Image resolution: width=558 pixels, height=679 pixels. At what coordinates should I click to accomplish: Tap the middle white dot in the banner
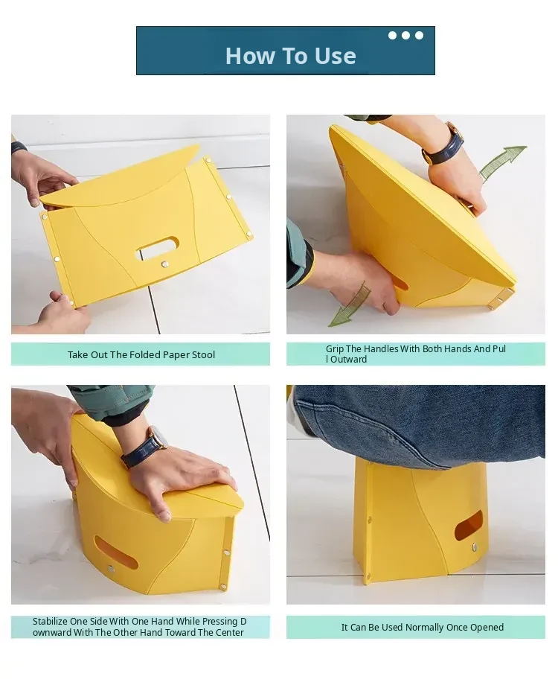click(x=405, y=36)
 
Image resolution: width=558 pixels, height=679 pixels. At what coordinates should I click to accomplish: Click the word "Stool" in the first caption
click(x=203, y=354)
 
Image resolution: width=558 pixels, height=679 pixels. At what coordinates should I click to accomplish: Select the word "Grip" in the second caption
click(x=335, y=349)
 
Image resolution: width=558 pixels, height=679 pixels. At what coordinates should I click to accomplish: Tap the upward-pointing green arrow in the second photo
click(x=502, y=162)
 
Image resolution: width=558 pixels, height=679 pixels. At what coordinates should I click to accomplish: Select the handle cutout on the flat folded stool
click(x=158, y=248)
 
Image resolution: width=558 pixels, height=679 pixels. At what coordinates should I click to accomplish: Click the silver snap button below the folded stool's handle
click(x=165, y=264)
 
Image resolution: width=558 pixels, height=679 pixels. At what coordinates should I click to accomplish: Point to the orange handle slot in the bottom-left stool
click(x=115, y=553)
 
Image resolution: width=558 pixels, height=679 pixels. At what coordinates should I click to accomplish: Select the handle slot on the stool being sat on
click(x=469, y=525)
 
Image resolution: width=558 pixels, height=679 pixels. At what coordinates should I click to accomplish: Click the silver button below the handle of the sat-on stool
click(x=475, y=547)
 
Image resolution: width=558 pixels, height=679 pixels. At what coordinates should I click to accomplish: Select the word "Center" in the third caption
click(x=229, y=633)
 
